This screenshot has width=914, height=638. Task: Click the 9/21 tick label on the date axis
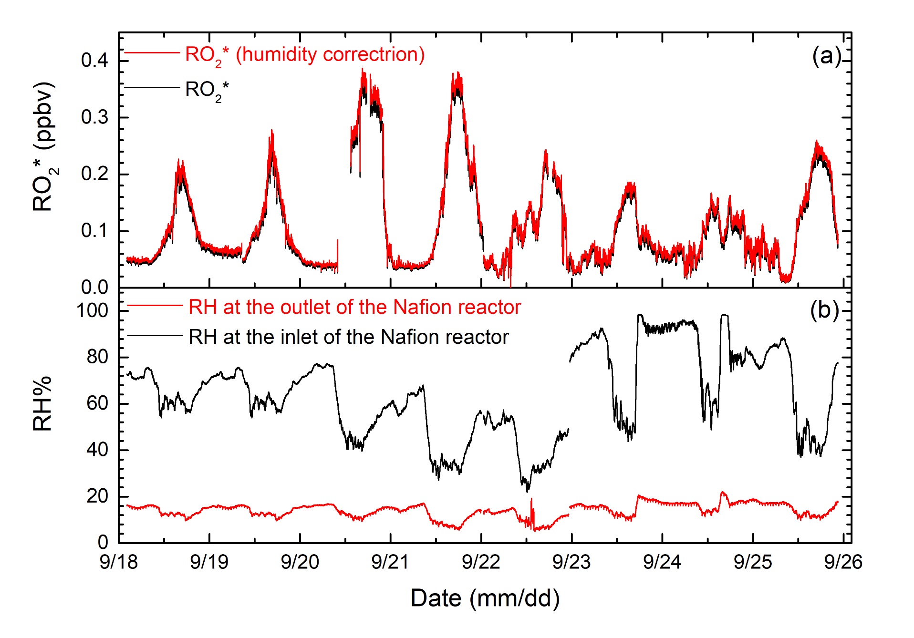coord(390,562)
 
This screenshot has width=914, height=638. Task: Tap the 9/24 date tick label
coord(662,562)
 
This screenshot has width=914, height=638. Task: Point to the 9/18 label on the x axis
coord(118,562)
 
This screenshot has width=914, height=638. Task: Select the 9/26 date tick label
coord(843,562)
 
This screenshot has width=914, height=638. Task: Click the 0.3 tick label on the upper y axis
coord(94,117)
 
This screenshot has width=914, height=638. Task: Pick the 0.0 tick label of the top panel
coord(94,288)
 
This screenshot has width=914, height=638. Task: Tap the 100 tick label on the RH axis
coord(93,311)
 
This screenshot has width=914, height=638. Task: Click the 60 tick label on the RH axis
coord(97,403)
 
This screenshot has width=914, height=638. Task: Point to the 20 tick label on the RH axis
coord(97,496)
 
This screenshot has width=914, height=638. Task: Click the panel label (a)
coord(826,56)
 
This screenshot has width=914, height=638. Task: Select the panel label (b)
coord(824,310)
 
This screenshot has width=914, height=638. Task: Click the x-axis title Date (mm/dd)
coord(485,598)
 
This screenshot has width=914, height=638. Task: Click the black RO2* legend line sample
coord(152,88)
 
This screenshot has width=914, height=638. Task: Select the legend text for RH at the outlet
coord(354,308)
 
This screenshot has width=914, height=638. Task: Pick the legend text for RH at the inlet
coord(348,337)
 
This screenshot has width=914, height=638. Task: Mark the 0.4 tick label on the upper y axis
coord(94,61)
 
